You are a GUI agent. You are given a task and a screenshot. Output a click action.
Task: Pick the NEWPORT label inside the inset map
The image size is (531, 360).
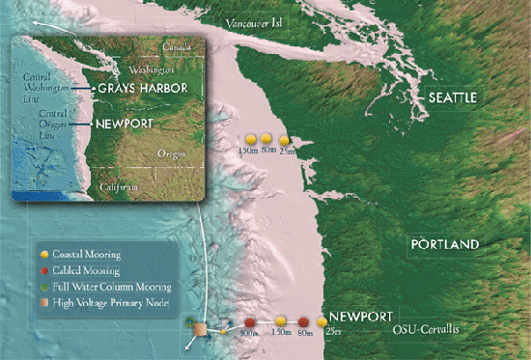pyautogui.click(x=120, y=125)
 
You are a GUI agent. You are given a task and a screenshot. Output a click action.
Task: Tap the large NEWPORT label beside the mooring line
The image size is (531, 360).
pyautogui.click(x=361, y=317)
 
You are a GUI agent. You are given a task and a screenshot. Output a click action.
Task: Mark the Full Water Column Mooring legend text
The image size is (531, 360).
pyautogui.click(x=112, y=288)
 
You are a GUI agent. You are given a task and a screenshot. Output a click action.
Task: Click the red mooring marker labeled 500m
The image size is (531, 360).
pyautogui.click(x=249, y=321)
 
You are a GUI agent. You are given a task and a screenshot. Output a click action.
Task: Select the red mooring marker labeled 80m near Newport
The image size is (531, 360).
pyautogui.click(x=304, y=321)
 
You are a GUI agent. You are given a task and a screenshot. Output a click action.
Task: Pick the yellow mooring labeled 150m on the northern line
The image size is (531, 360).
pyautogui.click(x=249, y=139)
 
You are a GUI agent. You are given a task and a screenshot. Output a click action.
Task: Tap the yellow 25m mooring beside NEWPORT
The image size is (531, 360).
pyautogui.click(x=322, y=321)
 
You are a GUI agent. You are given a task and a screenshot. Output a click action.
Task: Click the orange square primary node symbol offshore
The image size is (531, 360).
pyautogui.click(x=198, y=329)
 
